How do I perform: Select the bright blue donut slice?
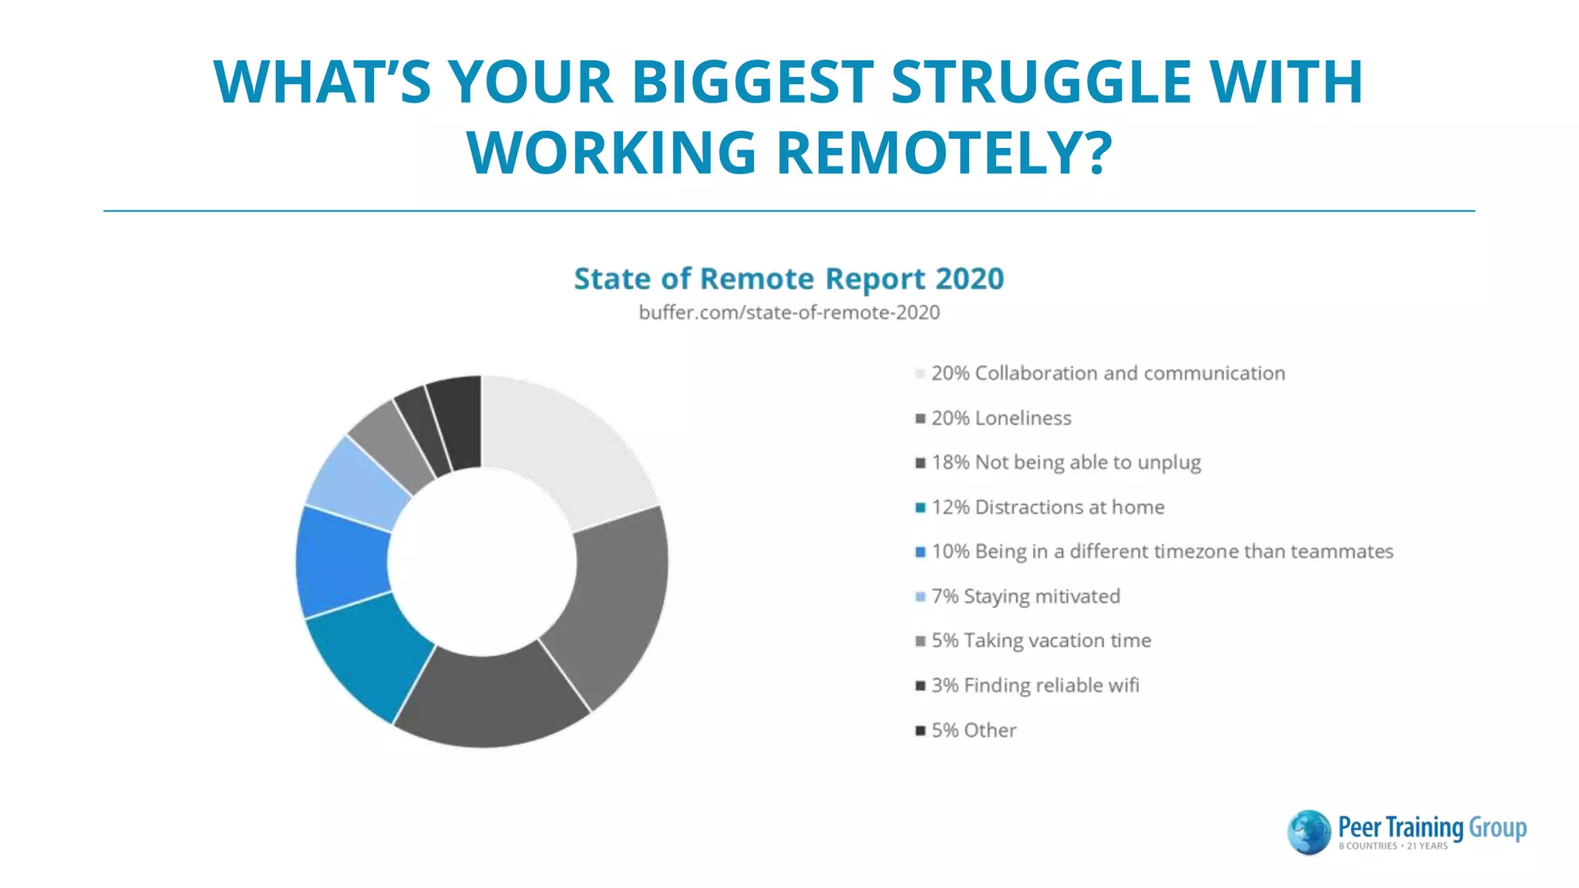click(341, 561)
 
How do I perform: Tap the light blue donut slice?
click(357, 482)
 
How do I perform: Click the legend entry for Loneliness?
click(1001, 419)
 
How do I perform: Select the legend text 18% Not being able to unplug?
click(1066, 462)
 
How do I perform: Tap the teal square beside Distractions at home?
click(920, 507)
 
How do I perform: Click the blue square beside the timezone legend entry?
click(920, 552)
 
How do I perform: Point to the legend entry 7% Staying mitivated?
click(1025, 597)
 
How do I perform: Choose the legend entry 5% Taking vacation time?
click(1040, 641)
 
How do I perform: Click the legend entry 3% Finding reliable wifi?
click(1034, 685)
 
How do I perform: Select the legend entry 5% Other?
click(973, 730)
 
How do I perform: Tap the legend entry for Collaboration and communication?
click(1107, 374)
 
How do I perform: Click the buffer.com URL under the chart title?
click(789, 313)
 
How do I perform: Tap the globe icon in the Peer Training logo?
click(1308, 832)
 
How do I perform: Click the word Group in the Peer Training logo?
click(1497, 828)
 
